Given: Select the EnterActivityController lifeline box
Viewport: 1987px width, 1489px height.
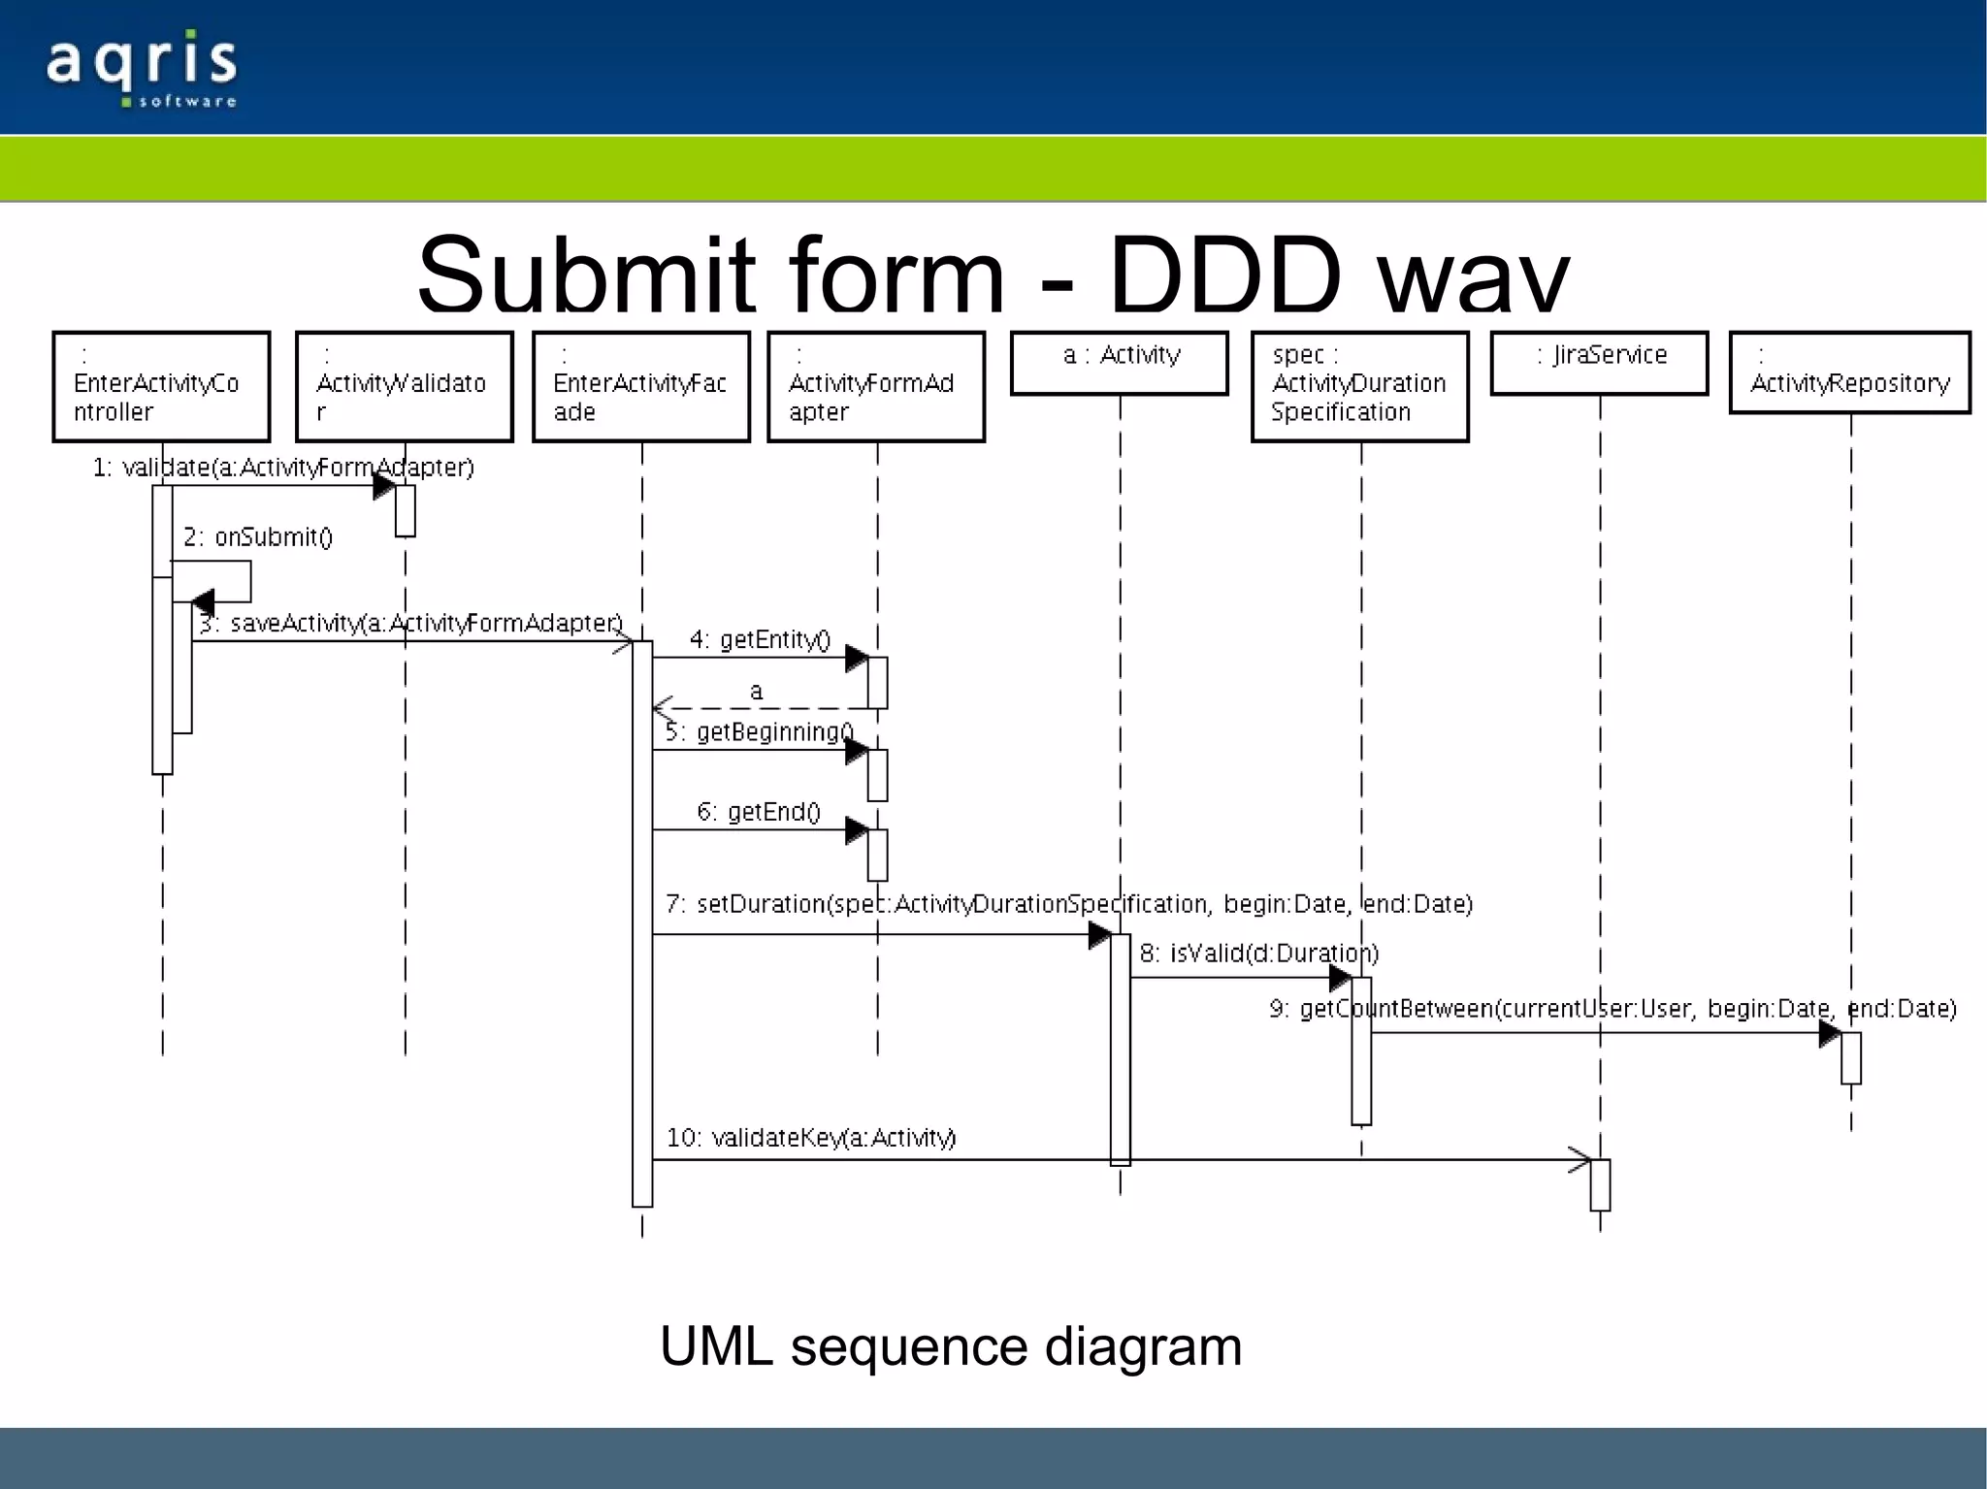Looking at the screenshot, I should pos(161,387).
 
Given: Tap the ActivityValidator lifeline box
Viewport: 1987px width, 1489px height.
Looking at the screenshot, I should pos(404,387).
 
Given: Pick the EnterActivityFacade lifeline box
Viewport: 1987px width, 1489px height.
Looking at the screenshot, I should pos(640,387).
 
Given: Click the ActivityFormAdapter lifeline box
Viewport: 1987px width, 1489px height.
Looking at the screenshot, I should pos(875,387).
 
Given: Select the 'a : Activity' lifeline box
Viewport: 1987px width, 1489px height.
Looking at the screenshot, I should pos(1119,363).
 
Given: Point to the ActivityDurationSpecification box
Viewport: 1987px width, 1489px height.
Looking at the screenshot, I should pos(1359,387).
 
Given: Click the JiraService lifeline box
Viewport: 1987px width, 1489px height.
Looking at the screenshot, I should pos(1599,363).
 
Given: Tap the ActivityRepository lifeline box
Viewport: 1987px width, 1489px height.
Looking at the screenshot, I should pos(1849,373).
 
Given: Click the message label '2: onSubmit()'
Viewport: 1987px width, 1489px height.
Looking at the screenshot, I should pos(258,537).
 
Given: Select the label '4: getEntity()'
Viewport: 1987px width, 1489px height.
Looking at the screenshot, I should pos(760,640).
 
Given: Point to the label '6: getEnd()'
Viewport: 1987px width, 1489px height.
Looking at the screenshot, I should pos(759,812).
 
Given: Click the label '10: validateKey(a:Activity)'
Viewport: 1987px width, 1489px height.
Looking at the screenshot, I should pos(810,1138).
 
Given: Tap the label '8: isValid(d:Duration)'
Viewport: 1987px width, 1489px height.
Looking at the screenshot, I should pos(1258,954).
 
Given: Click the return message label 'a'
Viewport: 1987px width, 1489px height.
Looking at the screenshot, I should pos(756,692).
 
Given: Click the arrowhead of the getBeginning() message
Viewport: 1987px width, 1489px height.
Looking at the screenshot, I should pos(856,751).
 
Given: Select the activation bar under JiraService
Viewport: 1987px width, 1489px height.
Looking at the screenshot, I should pos(1600,1184).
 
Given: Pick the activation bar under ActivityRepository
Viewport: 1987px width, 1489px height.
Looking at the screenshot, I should pos(1850,1057).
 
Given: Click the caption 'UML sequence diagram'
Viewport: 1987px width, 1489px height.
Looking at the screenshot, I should pos(950,1346).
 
